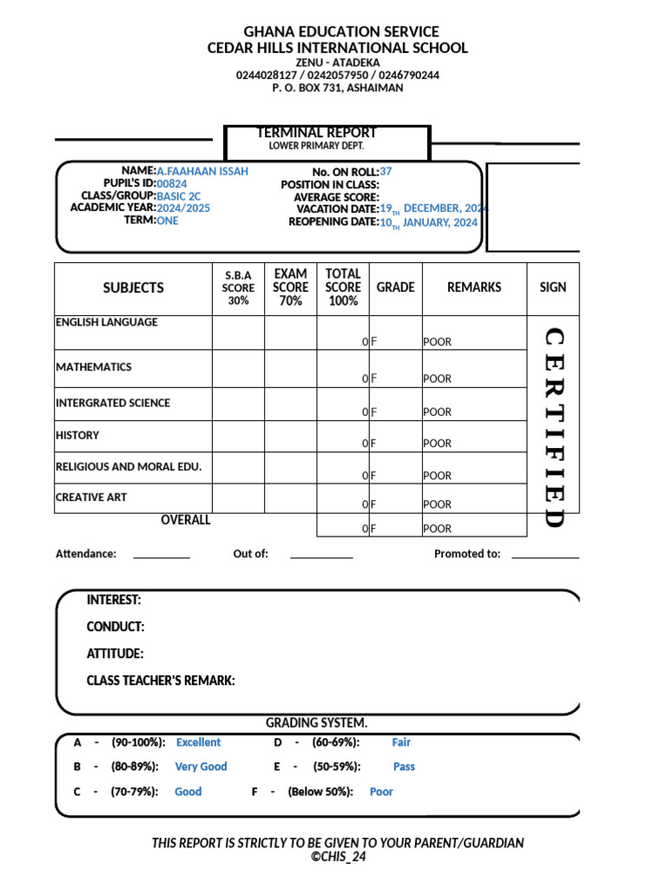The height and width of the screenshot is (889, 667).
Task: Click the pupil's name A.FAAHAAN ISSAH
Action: (x=202, y=171)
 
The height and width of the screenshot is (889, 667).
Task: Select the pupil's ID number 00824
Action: (x=171, y=184)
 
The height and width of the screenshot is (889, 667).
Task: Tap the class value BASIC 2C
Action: (x=178, y=196)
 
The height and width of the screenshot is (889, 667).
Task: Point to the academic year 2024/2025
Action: (x=183, y=208)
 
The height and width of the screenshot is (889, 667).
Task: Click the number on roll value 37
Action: (x=386, y=172)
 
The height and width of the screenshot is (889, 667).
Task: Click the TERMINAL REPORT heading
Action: (x=316, y=133)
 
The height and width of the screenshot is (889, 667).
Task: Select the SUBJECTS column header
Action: (x=133, y=287)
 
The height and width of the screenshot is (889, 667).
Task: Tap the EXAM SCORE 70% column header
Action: (x=290, y=287)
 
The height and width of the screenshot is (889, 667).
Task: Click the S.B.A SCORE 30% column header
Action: (x=238, y=287)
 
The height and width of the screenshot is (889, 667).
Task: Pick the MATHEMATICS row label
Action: (x=94, y=367)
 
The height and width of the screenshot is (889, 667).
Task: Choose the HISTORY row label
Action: (x=77, y=436)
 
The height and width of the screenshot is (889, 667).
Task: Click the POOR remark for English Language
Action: (x=437, y=342)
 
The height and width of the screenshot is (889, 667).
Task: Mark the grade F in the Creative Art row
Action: (x=373, y=504)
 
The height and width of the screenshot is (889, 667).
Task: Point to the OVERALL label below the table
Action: (x=186, y=520)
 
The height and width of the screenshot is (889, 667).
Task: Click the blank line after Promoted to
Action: (x=545, y=556)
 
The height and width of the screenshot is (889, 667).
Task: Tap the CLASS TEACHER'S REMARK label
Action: (x=161, y=681)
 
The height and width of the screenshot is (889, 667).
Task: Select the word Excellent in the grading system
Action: (x=198, y=742)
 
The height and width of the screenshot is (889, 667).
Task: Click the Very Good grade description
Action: (x=201, y=767)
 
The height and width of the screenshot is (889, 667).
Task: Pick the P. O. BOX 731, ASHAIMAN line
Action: (x=337, y=88)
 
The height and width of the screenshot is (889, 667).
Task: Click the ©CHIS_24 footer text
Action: (x=338, y=856)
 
